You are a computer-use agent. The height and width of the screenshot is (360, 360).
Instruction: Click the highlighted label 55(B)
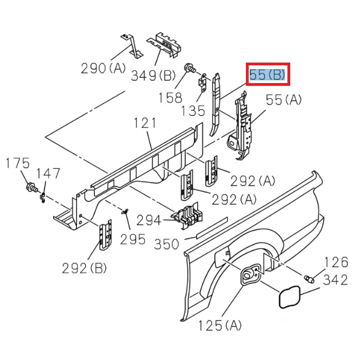tap(267, 75)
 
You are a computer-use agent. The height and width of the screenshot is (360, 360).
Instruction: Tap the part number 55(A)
tap(284, 100)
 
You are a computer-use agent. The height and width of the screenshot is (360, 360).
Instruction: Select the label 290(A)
tap(104, 69)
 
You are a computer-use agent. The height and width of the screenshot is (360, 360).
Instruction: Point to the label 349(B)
tap(153, 76)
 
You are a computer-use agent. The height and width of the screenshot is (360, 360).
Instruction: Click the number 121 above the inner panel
tap(145, 124)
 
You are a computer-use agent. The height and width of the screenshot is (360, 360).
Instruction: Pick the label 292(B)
tap(85, 268)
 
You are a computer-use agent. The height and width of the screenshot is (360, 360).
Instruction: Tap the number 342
tap(335, 280)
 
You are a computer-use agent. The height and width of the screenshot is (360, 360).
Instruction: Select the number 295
tap(133, 239)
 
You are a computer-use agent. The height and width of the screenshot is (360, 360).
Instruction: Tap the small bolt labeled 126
tap(309, 278)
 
